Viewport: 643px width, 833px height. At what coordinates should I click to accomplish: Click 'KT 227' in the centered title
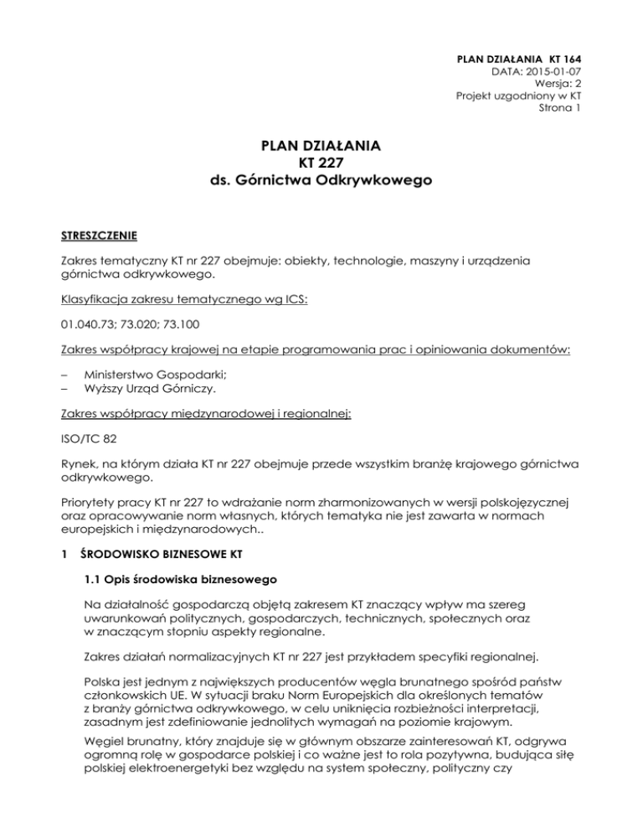[x=321, y=163]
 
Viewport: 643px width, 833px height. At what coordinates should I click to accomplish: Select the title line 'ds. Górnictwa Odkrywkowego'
[x=321, y=181]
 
